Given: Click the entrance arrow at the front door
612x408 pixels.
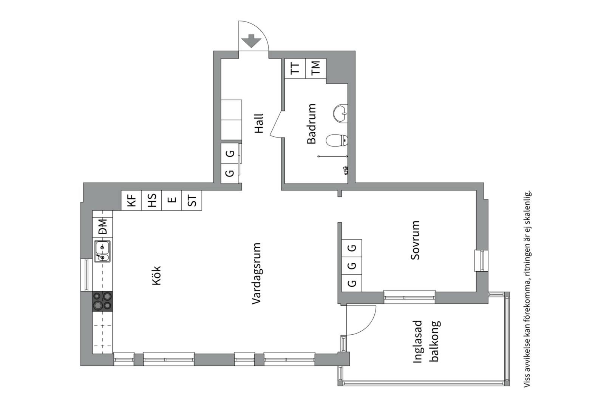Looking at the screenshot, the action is point(251,41).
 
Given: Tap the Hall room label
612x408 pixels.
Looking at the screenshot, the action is point(258,124).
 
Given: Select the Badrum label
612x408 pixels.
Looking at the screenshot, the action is point(311,124).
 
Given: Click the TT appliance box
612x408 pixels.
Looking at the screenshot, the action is point(295,68).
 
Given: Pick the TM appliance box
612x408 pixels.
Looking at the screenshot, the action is point(315,68).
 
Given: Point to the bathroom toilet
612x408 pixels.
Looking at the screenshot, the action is point(337,141).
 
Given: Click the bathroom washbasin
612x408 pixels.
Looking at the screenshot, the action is point(340,113).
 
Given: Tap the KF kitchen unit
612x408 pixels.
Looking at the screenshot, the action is point(131,200).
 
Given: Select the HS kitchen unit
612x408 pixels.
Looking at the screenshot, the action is point(151,200).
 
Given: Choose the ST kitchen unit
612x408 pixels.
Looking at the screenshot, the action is point(192,200).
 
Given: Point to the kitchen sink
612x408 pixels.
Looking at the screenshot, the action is point(102,252).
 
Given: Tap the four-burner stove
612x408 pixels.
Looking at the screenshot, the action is point(102,301).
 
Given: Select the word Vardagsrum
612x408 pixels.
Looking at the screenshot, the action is point(257,274).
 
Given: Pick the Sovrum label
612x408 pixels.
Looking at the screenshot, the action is point(415,240).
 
